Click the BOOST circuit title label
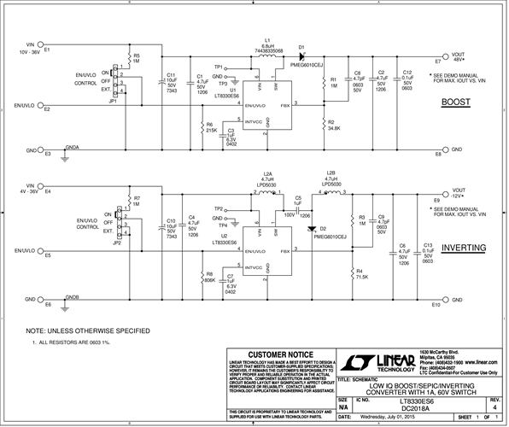coord(456,102)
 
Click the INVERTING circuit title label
coord(463,248)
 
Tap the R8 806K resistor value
coord(209,278)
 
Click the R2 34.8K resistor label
coord(334,128)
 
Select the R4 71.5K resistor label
coord(361,277)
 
